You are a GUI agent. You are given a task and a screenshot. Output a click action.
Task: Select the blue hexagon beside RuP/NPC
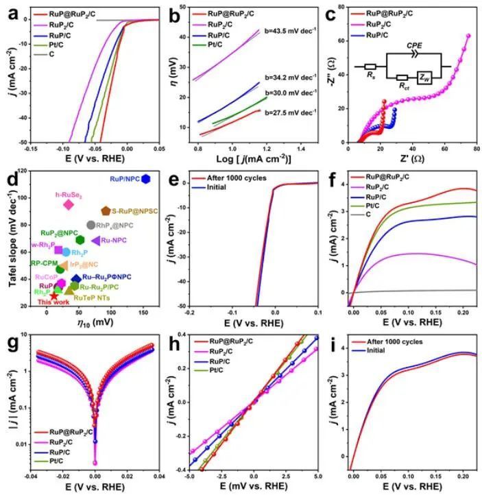point(145,179)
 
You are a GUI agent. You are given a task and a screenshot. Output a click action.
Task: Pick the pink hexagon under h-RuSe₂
point(68,204)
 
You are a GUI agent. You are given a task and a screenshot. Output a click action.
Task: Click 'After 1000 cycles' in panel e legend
point(233,179)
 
